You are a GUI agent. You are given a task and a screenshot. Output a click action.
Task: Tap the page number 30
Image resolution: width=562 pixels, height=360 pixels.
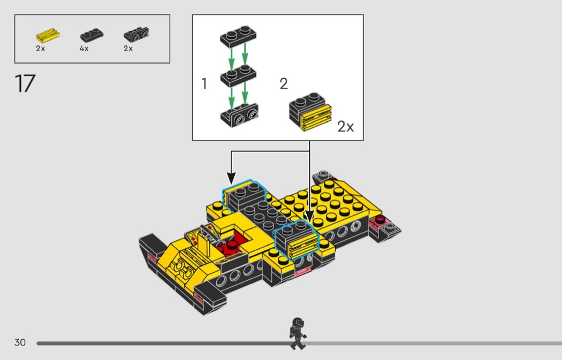coord(20,342)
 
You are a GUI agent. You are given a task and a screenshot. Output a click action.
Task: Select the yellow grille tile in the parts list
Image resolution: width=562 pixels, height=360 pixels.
coord(48,36)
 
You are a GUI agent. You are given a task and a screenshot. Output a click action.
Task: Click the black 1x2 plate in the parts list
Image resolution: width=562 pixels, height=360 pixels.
coord(92,35)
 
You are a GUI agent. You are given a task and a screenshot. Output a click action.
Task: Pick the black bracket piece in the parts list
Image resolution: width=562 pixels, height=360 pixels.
coord(136,35)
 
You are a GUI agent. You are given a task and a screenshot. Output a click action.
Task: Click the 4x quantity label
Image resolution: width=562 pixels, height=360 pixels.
coord(84,48)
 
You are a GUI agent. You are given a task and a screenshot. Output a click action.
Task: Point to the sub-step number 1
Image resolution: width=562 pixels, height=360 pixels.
coord(204,83)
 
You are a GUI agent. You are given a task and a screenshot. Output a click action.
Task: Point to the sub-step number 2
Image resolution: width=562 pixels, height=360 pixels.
coord(284,84)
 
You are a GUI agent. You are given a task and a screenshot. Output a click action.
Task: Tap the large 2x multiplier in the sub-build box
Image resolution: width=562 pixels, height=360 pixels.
coord(346,126)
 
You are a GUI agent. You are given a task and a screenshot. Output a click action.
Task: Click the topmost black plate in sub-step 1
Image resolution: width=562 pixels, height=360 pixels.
coord(238,36)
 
